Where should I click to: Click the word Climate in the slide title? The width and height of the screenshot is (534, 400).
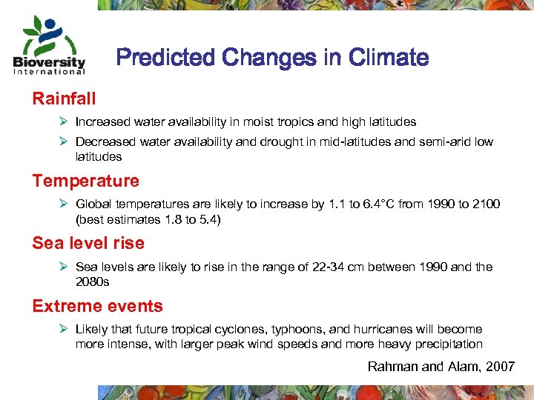click(389, 57)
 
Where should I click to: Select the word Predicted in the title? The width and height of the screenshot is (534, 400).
click(163, 57)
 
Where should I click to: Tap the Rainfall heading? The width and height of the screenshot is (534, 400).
click(64, 98)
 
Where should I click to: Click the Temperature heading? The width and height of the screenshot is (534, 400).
click(85, 181)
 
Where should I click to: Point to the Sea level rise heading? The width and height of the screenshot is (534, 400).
click(88, 243)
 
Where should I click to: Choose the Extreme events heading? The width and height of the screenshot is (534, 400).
click(97, 306)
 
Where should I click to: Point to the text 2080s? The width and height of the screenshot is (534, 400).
click(93, 281)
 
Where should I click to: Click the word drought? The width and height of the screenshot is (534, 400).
click(278, 142)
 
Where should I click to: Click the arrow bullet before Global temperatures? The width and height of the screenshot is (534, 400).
click(65, 204)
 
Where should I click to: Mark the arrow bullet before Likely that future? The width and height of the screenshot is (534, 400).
click(65, 329)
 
